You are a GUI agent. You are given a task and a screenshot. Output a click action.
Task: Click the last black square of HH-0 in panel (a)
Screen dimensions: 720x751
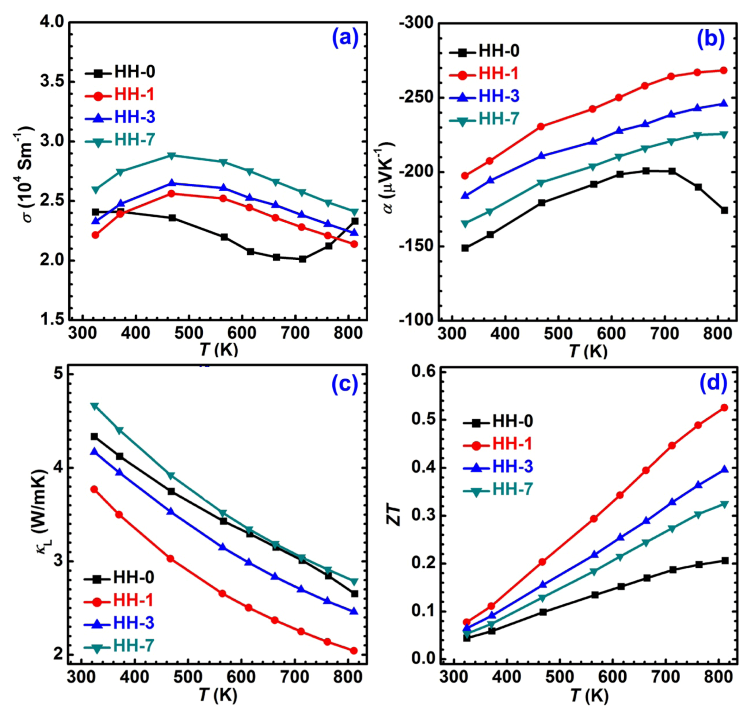click(355, 221)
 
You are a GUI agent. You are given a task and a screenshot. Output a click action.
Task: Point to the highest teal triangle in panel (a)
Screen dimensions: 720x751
click(171, 156)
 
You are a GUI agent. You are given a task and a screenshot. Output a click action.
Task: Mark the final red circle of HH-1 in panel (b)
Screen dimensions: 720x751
click(723, 70)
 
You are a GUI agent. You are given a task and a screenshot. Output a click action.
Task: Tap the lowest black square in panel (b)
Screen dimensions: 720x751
click(465, 248)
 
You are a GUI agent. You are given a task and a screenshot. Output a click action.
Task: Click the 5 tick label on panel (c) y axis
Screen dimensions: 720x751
click(59, 373)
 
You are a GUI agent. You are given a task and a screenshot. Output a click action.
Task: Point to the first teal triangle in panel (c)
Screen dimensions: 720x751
click(94, 406)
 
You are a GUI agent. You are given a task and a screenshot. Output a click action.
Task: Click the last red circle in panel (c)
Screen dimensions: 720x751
click(354, 651)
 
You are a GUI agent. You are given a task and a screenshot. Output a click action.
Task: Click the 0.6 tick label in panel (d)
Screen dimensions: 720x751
click(423, 371)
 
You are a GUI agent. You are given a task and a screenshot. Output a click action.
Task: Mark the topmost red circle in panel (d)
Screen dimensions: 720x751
click(724, 408)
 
